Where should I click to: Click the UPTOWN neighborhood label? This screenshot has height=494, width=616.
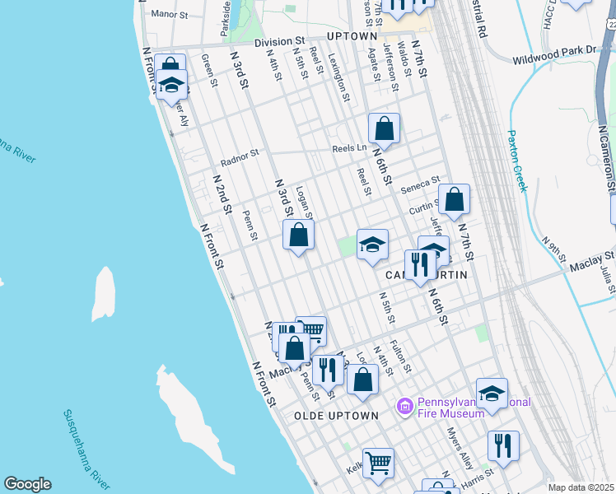click(352, 38)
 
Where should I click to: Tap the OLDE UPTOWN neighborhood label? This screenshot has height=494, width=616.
click(336, 416)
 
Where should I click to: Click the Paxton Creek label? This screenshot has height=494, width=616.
click(516, 161)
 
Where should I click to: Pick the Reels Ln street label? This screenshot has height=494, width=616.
click(349, 148)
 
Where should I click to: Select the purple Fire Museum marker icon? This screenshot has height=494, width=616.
click(404, 406)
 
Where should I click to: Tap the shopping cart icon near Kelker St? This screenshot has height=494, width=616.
click(378, 462)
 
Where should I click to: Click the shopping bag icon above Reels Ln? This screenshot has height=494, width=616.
click(384, 128)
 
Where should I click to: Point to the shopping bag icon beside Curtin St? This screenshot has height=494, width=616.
click(454, 199)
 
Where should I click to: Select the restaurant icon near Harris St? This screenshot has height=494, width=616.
click(503, 445)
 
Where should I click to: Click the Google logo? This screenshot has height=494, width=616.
click(27, 484)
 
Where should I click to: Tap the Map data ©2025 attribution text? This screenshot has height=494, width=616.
click(581, 487)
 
